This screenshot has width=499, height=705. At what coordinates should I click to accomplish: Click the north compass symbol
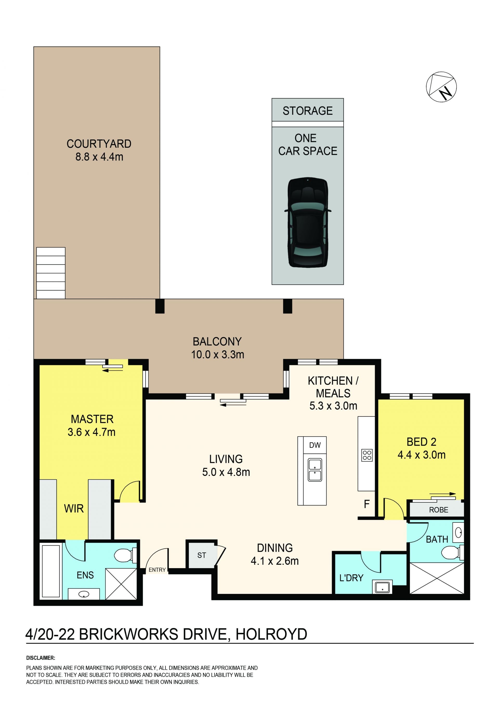pyautogui.click(x=441, y=87)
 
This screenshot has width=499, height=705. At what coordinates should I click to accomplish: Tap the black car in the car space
pyautogui.click(x=307, y=222)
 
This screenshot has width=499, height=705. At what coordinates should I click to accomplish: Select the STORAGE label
pyautogui.click(x=307, y=111)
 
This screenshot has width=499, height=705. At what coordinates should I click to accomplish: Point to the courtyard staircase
pyautogui.click(x=51, y=273)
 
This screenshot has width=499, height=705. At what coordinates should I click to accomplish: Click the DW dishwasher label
pyautogui.click(x=315, y=445)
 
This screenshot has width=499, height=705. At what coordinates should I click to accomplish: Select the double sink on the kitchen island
pyautogui.click(x=315, y=470)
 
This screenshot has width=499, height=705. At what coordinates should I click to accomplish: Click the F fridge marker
pyautogui.click(x=366, y=504)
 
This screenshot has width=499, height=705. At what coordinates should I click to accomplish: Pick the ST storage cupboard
pyautogui.click(x=202, y=555)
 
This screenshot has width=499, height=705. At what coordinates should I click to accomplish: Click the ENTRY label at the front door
pyautogui.click(x=157, y=570)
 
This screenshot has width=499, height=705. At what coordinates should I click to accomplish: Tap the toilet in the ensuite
pyautogui.click(x=125, y=555)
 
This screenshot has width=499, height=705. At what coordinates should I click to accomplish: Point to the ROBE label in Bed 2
pyautogui.click(x=438, y=510)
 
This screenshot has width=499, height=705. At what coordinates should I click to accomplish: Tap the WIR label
pyautogui.click(x=74, y=508)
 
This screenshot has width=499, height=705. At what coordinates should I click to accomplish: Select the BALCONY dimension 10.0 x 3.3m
pyautogui.click(x=218, y=355)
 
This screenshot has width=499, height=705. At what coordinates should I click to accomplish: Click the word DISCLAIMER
pyautogui.click(x=41, y=658)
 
